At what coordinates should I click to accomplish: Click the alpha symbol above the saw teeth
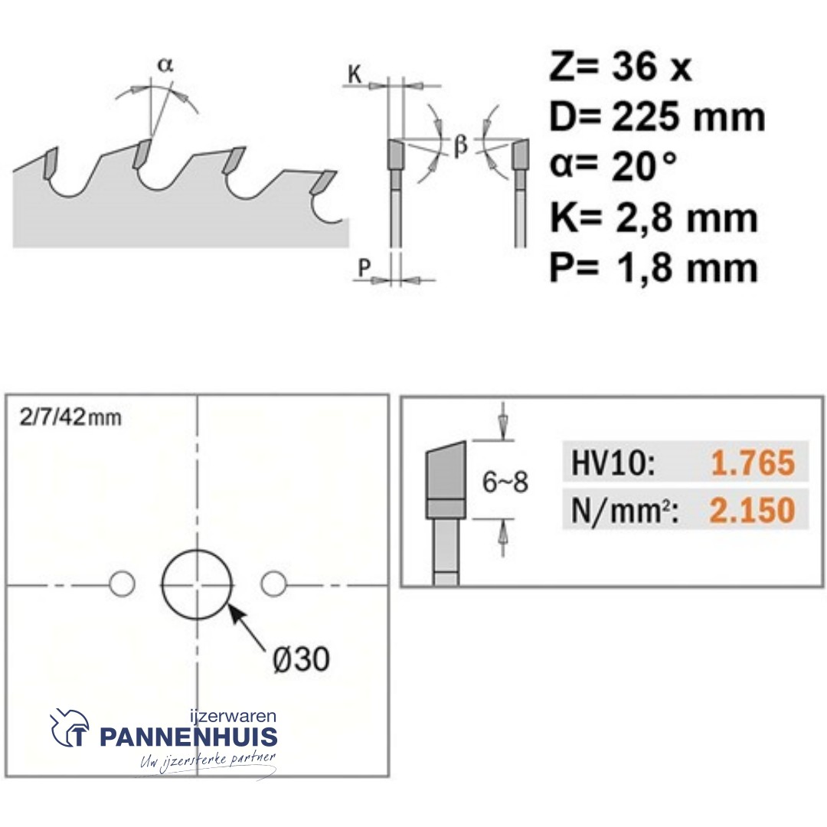coord(165,65)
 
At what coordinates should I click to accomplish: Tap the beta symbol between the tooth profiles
coord(460,145)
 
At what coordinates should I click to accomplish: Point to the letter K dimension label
coord(355,75)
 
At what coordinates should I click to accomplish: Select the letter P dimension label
coord(364,268)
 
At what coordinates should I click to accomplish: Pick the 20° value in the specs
coord(643,166)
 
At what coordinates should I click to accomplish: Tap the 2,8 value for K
coord(644,217)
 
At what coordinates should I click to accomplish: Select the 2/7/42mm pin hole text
coord(70,418)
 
